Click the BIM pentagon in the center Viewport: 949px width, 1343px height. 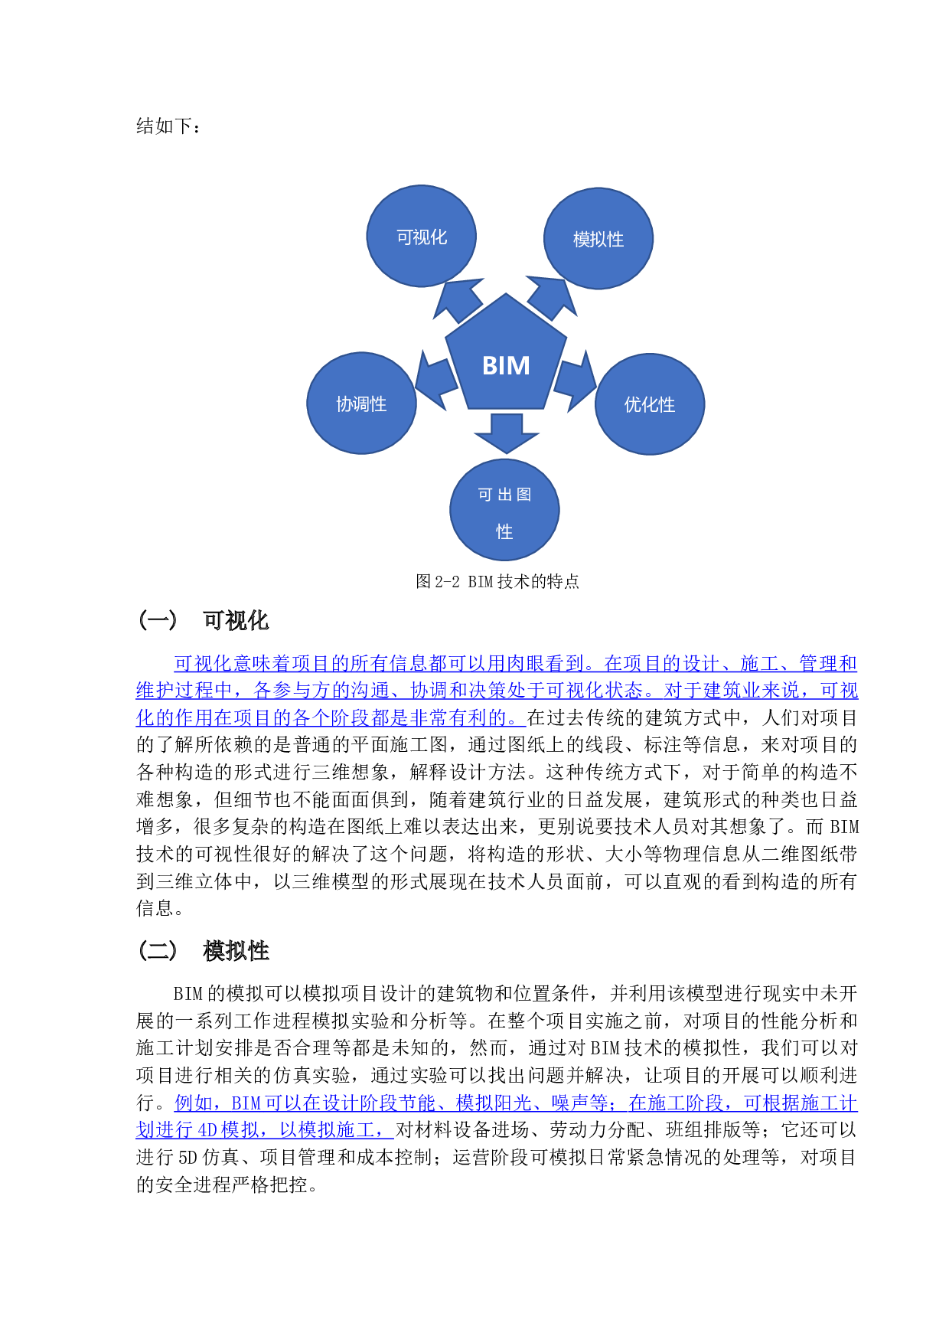tap(506, 360)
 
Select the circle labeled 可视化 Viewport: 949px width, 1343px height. tap(422, 236)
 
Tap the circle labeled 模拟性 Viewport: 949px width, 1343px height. tap(598, 239)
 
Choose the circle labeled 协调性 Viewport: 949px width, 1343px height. tap(361, 404)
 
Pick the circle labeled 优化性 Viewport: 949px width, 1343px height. tap(650, 404)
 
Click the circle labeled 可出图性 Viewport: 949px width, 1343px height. tap(504, 510)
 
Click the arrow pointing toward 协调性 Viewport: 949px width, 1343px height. tap(435, 381)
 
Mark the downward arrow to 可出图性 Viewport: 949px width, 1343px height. tap(506, 433)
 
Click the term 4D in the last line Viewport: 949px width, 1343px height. tap(207, 1130)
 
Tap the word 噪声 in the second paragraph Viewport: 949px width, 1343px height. tap(570, 1103)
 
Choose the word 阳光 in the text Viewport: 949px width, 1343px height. tap(513, 1103)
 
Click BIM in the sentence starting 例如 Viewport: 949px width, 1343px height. tap(246, 1103)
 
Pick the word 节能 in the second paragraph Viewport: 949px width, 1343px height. tap(419, 1103)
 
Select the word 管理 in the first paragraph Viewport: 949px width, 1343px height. tap(818, 663)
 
